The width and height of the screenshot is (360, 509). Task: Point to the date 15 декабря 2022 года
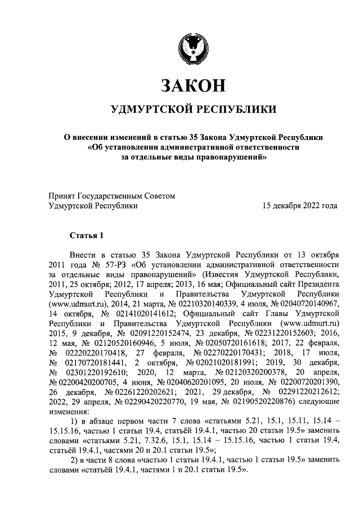click(300, 206)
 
